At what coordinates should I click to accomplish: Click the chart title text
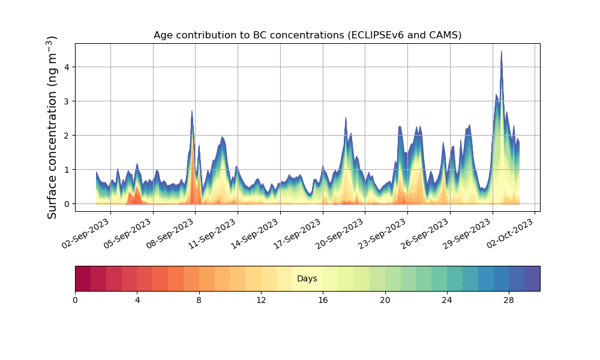[x=307, y=35]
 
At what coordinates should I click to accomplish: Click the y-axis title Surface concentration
[x=52, y=127]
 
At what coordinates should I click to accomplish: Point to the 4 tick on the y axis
[x=67, y=67]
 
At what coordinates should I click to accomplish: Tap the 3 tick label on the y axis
[x=67, y=101]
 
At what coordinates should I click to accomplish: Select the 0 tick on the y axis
[x=67, y=204]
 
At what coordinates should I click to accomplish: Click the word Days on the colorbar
[x=307, y=279]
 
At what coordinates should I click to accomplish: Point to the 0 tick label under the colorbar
[x=75, y=299]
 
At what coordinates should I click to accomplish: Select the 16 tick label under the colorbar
[x=323, y=299]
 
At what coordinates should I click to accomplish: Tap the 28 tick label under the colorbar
[x=509, y=299]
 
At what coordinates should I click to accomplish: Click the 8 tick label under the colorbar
[x=199, y=299]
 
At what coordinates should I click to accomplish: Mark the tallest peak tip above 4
[x=502, y=52]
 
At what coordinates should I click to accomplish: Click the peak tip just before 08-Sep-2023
[x=192, y=111]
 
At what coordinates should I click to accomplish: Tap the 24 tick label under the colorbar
[x=447, y=299]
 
